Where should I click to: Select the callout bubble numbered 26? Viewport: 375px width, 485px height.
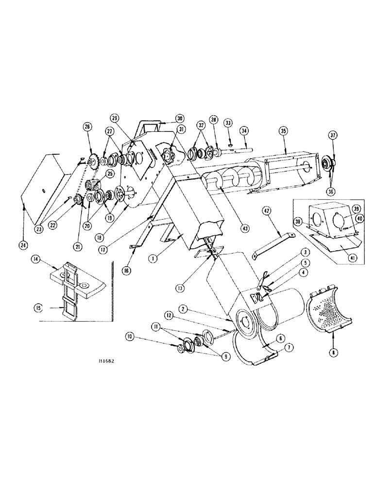tap(88, 127)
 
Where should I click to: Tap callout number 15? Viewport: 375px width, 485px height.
tap(36, 307)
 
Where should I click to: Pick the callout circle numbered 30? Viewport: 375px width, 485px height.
tap(166, 117)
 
